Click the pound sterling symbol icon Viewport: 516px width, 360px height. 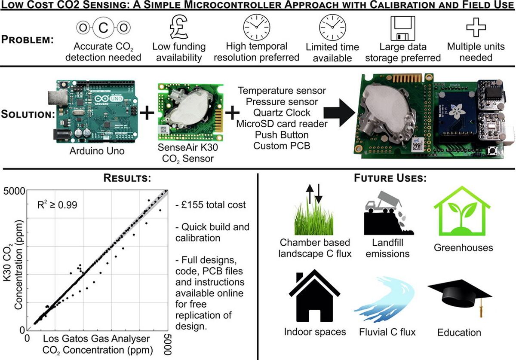click(179, 27)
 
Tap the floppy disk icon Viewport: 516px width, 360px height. click(402, 28)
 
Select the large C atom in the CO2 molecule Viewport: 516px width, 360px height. click(104, 28)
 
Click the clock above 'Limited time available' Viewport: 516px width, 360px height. click(332, 27)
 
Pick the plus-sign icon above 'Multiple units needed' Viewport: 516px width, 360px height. click(476, 27)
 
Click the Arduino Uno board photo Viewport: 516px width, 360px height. click(95, 112)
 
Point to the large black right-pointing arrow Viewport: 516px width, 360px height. click(339, 113)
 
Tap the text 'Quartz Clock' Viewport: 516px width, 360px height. click(282, 113)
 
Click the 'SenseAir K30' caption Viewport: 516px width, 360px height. click(188, 147)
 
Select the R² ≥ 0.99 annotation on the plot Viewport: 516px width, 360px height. click(57, 204)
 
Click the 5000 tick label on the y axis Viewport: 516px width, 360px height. click(14, 191)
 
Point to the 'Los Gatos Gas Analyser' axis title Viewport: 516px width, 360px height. click(96, 339)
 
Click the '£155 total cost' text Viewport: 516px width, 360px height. click(211, 205)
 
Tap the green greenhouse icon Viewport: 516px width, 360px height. click(462, 211)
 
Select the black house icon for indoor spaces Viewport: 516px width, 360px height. click(314, 296)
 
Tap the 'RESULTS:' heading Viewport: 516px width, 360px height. click(127, 178)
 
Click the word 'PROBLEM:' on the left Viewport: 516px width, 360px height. click(28, 40)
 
